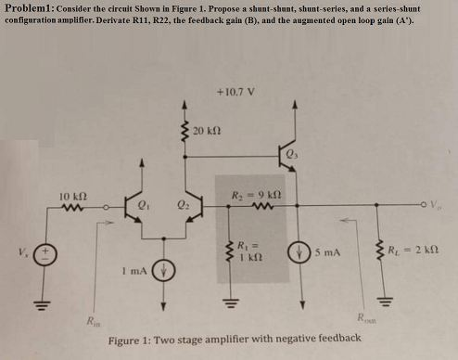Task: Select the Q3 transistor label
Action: (x=293, y=155)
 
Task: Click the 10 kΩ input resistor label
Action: (x=72, y=197)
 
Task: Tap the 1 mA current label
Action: (x=131, y=270)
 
